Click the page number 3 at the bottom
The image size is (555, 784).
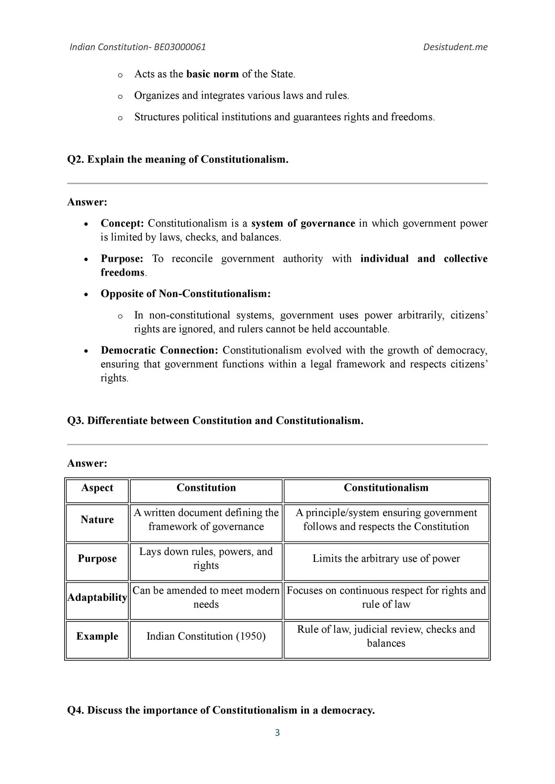(277, 733)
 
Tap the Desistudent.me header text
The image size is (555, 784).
(455, 47)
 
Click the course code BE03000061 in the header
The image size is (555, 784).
(179, 47)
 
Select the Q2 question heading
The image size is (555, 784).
(178, 159)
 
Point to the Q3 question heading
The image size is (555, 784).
(215, 421)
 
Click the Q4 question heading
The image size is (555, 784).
(221, 710)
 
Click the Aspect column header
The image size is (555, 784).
(97, 488)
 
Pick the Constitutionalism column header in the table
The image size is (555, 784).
(386, 488)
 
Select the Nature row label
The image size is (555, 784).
(97, 519)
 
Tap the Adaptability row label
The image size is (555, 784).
(97, 597)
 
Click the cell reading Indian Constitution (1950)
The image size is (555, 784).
(206, 636)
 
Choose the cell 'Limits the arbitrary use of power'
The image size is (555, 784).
(386, 559)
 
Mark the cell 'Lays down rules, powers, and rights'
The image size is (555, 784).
(206, 559)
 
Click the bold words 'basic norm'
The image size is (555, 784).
(212, 74)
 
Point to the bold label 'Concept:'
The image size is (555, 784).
(122, 223)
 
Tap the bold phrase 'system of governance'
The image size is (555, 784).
(303, 223)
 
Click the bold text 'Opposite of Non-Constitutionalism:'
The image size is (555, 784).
(186, 294)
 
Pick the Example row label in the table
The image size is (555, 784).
(97, 636)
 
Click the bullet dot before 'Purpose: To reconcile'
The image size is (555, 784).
(86, 260)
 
